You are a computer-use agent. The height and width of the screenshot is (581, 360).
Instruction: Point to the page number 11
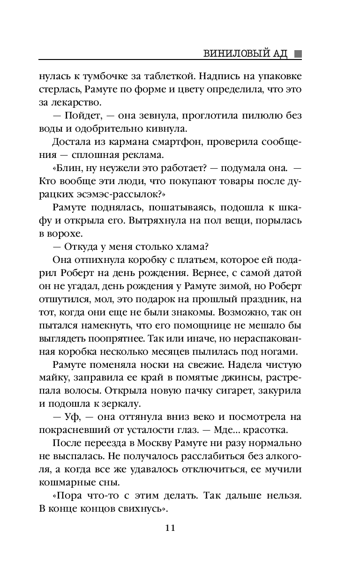[x=170, y=528]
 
